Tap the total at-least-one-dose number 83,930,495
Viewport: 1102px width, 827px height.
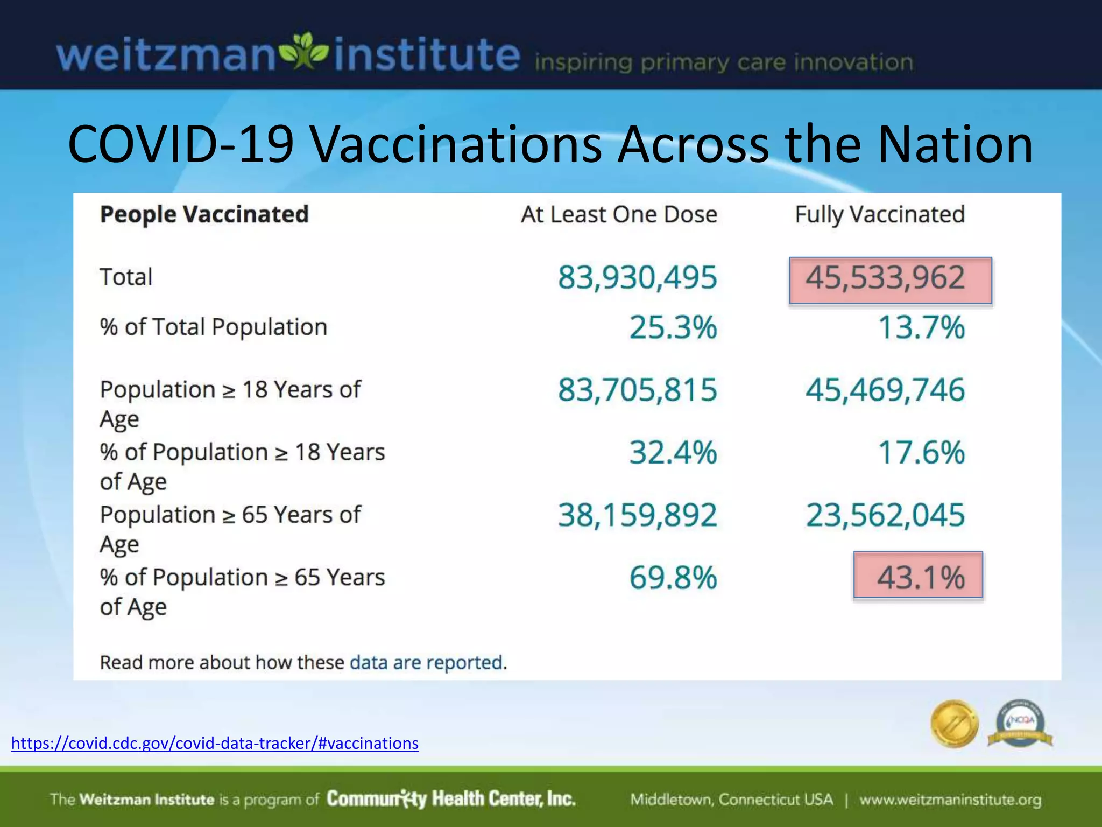[x=637, y=278]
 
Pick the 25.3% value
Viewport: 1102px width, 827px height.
[x=673, y=327]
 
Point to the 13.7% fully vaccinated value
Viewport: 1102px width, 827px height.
[x=921, y=327]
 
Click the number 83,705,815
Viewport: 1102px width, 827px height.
[x=637, y=390]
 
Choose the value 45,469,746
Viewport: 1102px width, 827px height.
[x=885, y=390]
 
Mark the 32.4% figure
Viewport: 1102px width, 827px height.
[x=673, y=452]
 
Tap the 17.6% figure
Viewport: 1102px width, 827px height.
[x=921, y=452]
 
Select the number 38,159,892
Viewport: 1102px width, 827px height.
[x=637, y=515]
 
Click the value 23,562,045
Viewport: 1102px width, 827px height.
[x=885, y=515]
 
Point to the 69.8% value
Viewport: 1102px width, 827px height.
[x=673, y=578]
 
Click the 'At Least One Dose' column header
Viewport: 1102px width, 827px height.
[x=619, y=215]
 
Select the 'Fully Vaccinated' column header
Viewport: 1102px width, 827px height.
[x=880, y=215]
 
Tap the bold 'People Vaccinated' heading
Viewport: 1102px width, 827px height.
[x=204, y=215]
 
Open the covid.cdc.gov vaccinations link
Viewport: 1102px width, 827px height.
[x=215, y=744]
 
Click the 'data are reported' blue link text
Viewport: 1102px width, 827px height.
[x=426, y=662]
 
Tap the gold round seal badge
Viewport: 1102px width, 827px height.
[x=954, y=724]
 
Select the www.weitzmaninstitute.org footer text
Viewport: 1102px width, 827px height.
[x=950, y=800]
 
